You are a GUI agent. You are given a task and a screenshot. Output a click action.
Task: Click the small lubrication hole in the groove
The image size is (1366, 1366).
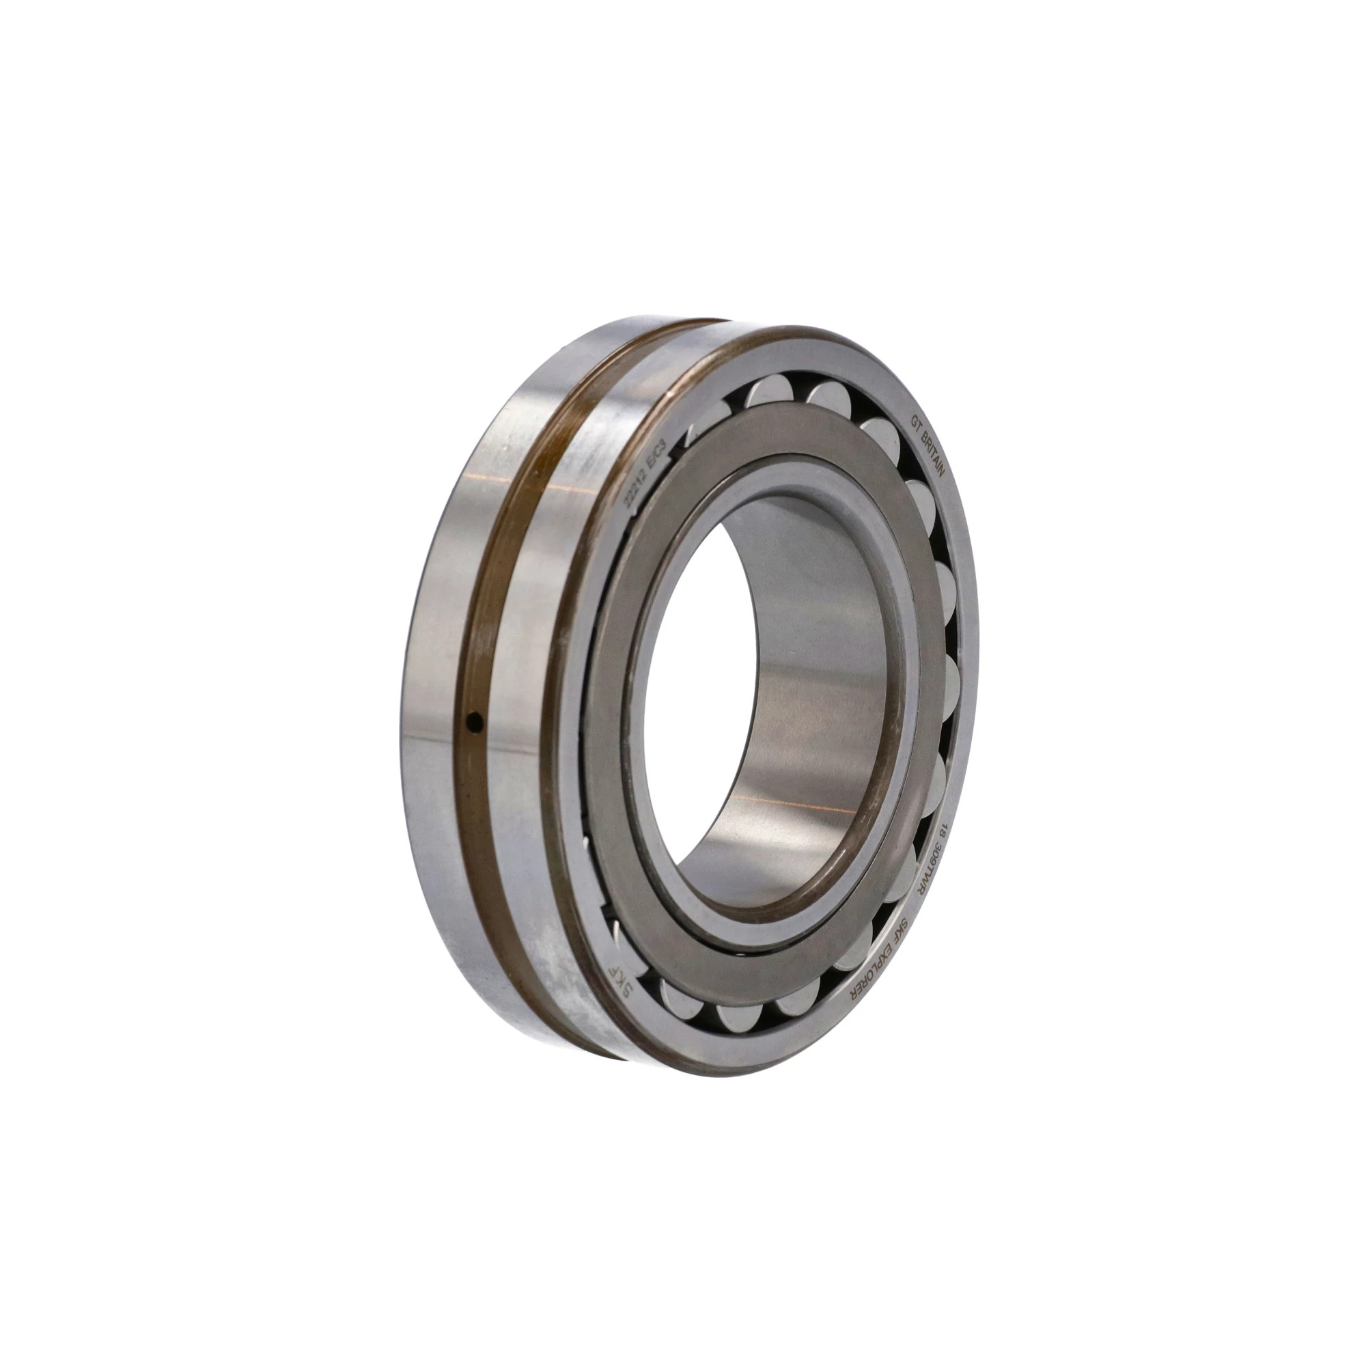point(475,722)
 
